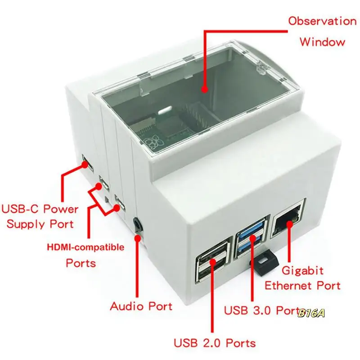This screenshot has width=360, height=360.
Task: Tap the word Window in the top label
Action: click(322, 42)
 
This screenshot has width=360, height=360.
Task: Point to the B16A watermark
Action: click(311, 313)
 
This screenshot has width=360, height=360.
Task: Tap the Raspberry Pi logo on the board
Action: click(154, 144)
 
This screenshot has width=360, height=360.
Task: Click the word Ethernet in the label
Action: click(289, 285)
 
